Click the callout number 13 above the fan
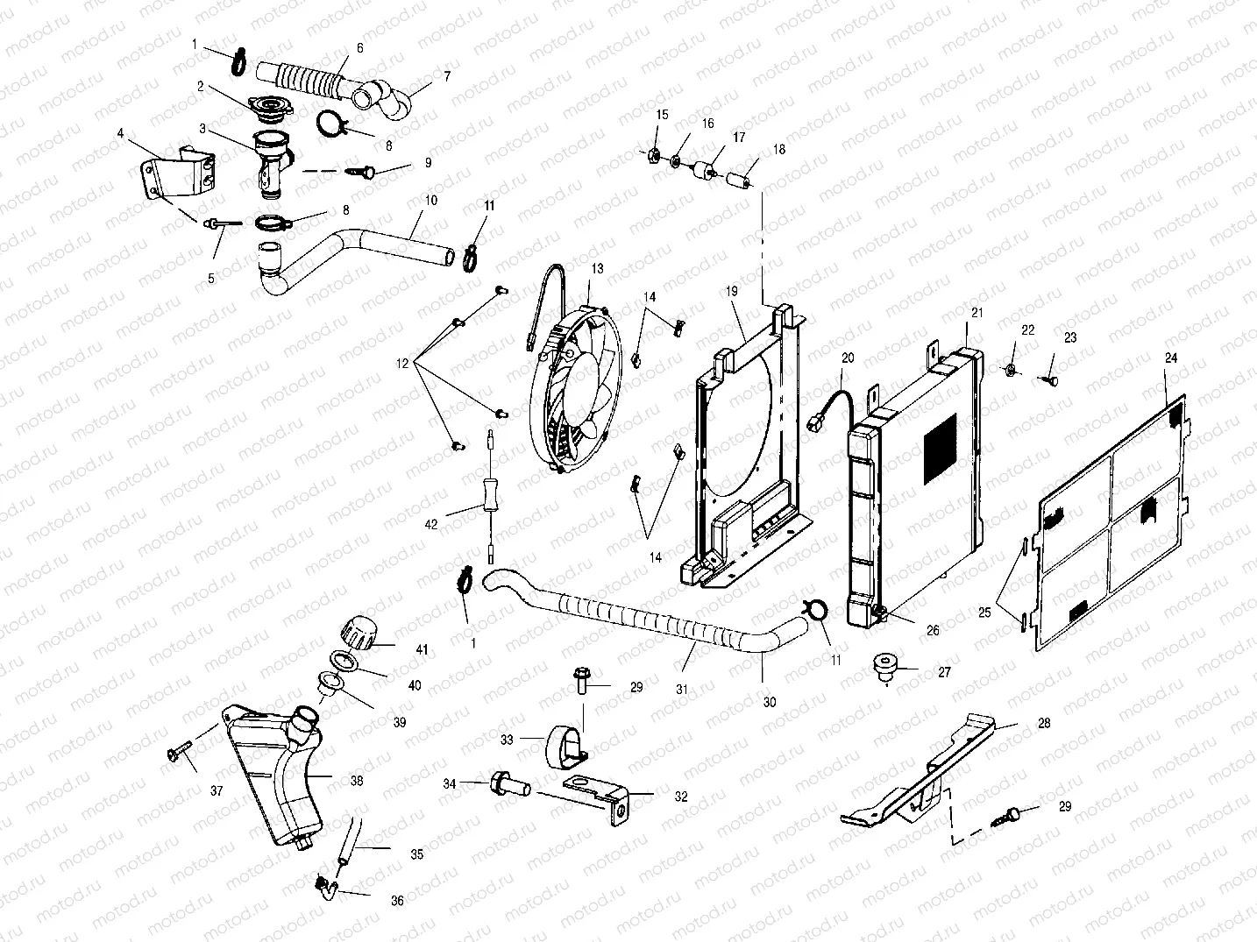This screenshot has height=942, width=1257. (x=597, y=268)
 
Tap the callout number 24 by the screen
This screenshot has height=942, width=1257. (x=1171, y=358)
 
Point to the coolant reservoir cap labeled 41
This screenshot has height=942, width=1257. (x=359, y=631)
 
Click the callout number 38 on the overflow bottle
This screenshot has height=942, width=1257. (x=357, y=780)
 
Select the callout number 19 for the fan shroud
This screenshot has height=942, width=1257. (x=731, y=290)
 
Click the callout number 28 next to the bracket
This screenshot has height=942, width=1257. (x=1043, y=724)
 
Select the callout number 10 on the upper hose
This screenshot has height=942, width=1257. (x=430, y=201)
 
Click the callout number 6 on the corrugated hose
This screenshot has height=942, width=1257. (x=359, y=48)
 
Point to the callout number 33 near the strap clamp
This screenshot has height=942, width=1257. (x=506, y=739)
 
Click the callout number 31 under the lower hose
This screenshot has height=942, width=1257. (x=681, y=690)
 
